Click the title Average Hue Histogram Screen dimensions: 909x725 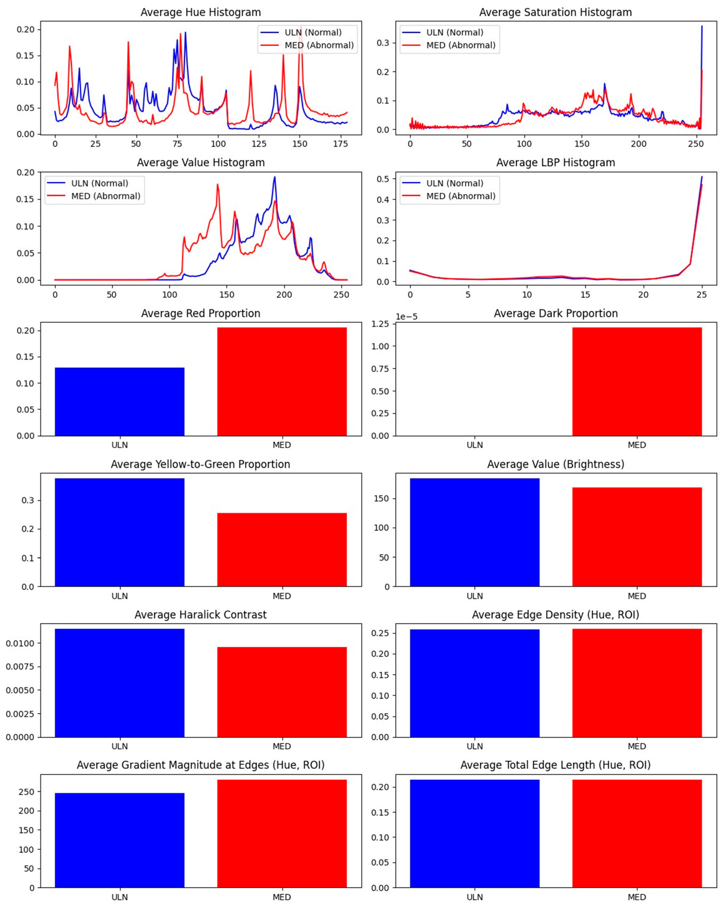[x=201, y=12]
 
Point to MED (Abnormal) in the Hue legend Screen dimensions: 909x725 [x=319, y=45]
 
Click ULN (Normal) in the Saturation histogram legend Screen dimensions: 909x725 [x=455, y=33]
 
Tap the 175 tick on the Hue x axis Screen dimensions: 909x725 [x=340, y=144]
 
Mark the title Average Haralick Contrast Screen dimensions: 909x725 [x=201, y=615]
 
